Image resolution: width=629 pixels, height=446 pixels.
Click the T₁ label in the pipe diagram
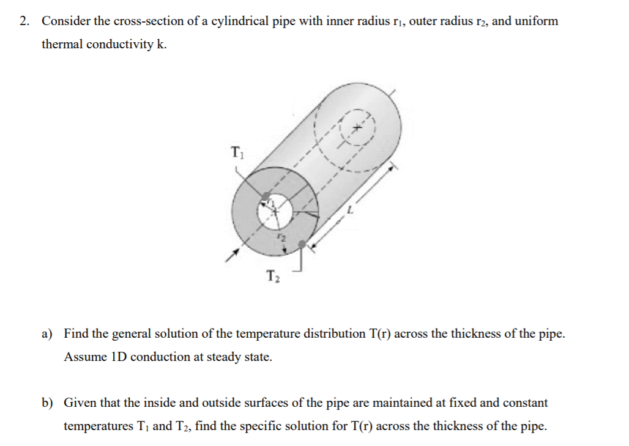pyautogui.click(x=237, y=151)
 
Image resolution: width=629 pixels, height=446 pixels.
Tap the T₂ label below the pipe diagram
pyautogui.click(x=273, y=277)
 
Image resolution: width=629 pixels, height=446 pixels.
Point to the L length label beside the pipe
pyautogui.click(x=351, y=210)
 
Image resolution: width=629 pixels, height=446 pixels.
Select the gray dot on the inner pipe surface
pyautogui.click(x=266, y=197)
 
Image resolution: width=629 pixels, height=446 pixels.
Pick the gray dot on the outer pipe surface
pyautogui.click(x=302, y=244)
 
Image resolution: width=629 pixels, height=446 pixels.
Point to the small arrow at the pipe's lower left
pyautogui.click(x=229, y=256)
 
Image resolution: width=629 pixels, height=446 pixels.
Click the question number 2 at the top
pyautogui.click(x=24, y=21)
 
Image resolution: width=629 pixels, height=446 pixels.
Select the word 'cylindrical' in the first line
pyautogui.click(x=239, y=21)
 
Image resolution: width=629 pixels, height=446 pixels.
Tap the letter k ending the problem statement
pyautogui.click(x=162, y=45)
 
